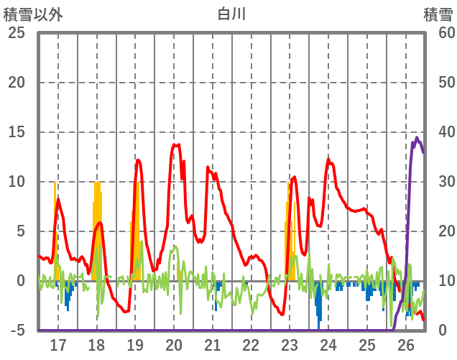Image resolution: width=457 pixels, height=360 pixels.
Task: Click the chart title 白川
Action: (x=231, y=14)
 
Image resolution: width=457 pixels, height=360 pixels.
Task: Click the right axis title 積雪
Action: (x=438, y=14)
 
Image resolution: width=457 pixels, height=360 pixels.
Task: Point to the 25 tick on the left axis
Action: (x=16, y=33)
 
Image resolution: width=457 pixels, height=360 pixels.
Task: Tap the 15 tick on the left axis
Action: (x=16, y=132)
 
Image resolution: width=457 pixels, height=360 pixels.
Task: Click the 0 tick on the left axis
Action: (x=21, y=281)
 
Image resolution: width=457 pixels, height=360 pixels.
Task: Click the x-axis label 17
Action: (x=57, y=344)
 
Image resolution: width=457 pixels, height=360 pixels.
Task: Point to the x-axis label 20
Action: (x=174, y=344)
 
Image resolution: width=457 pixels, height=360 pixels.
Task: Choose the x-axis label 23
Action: (x=290, y=344)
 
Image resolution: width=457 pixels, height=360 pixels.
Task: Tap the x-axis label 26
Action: (x=406, y=344)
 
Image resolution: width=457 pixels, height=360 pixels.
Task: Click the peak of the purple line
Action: (x=417, y=137)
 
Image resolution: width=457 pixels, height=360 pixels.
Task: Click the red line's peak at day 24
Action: (x=329, y=159)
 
